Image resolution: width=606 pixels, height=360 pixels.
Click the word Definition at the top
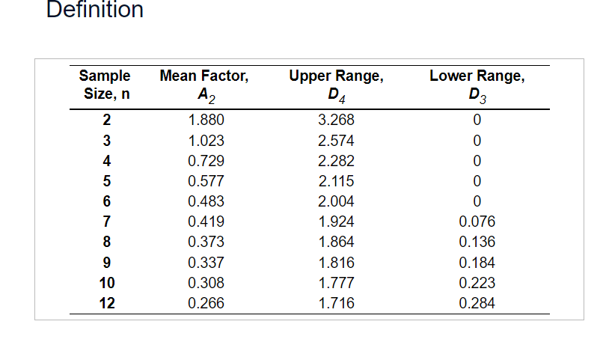pos(94,10)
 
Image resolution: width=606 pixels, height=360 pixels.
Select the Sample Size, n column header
pos(105,85)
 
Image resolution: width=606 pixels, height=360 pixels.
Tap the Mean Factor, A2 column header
pos(204,85)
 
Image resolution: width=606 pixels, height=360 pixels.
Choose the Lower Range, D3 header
pos(477,85)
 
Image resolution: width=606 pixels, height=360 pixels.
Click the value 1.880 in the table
pos(206,120)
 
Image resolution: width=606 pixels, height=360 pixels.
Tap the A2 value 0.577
pos(206,181)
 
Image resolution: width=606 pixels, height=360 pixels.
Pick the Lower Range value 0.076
pos(477,222)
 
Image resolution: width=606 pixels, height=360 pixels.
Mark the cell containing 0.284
pos(477,303)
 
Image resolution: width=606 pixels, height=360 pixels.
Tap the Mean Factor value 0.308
pos(206,283)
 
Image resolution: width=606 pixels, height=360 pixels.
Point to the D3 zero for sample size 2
pos(477,120)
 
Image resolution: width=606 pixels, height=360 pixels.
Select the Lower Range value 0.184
pos(477,263)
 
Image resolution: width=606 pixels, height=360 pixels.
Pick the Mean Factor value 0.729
pos(206,161)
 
